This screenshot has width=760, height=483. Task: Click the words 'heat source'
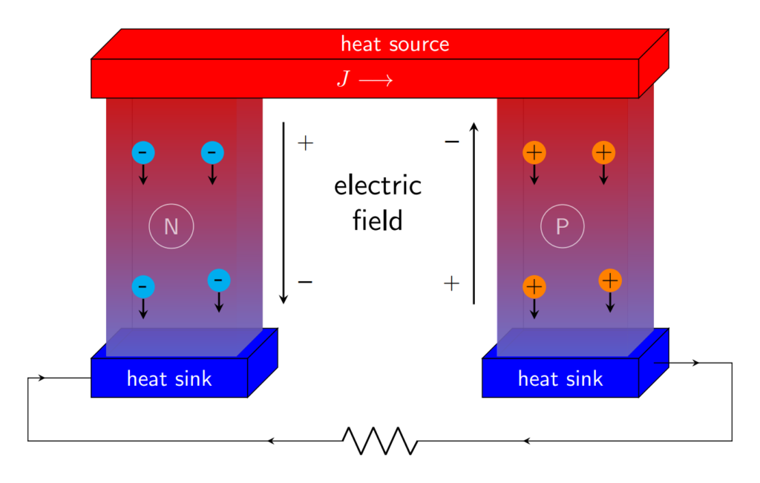pos(395,44)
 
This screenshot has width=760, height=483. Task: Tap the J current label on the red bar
pos(364,79)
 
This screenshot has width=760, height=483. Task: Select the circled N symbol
pos(171,226)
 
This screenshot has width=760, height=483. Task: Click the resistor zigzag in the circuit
pos(380,441)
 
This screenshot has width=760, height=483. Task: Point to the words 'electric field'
pos(378,203)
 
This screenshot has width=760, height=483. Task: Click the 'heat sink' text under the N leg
pos(169,379)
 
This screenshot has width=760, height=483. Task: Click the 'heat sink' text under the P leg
pos(560,379)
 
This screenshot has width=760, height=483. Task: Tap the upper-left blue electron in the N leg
pos(143,153)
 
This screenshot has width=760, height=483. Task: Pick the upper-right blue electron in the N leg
pos(212,153)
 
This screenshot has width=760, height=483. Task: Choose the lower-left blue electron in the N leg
pos(143,286)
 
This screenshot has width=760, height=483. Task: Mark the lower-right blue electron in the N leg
pos(219,280)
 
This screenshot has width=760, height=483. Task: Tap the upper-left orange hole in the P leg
pos(534,153)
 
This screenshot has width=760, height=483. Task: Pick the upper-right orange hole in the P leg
pos(603,153)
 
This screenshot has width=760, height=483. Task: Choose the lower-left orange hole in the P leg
pos(534,286)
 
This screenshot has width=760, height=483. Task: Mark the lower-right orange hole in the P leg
pos(610,280)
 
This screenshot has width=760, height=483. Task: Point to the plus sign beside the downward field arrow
pos(305,142)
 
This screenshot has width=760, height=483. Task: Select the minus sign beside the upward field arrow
pos(451,141)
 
